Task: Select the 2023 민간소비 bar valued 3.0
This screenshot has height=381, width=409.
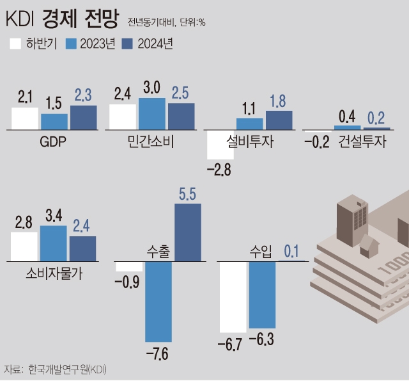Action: pyautogui.click(x=152, y=114)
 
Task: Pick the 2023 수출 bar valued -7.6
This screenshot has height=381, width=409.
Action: pyautogui.click(x=158, y=302)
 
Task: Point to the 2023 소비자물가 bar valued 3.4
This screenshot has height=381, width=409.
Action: pyautogui.click(x=54, y=243)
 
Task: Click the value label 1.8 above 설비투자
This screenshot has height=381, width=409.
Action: pyautogui.click(x=279, y=101)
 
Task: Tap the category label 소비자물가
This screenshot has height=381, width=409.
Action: pyautogui.click(x=55, y=273)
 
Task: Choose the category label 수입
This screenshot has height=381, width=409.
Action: pyautogui.click(x=261, y=252)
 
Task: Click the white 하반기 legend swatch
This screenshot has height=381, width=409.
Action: pyautogui.click(x=15, y=44)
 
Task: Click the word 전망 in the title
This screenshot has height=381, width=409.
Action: pyautogui.click(x=101, y=19)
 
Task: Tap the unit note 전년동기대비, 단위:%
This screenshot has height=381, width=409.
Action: pyautogui.click(x=167, y=23)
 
